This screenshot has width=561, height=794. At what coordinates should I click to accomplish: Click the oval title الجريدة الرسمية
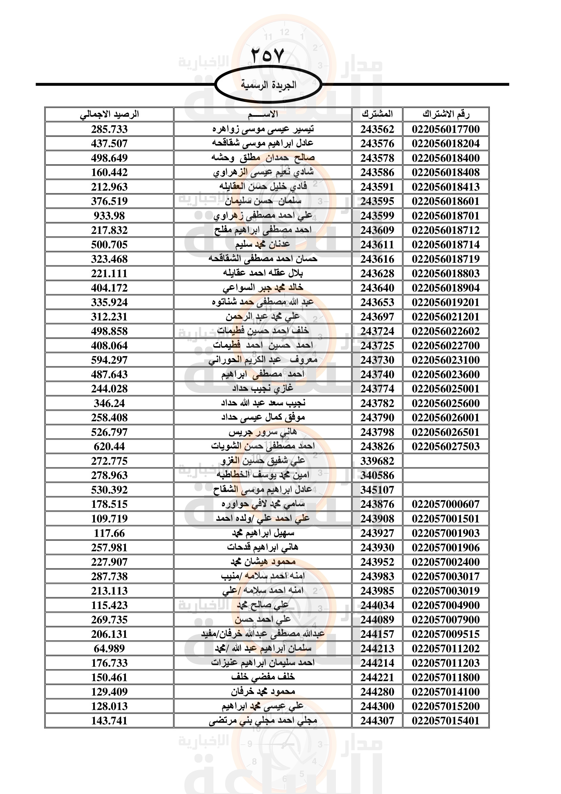(268, 85)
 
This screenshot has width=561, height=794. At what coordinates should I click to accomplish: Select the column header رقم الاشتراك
(446, 114)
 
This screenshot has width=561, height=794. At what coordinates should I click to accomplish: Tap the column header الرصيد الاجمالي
(109, 114)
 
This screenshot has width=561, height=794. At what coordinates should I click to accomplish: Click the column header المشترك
(377, 114)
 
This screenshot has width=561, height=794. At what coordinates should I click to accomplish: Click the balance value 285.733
(109, 129)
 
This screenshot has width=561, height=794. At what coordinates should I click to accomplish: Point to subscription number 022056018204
(446, 144)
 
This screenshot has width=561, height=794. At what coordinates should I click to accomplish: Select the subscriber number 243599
(377, 216)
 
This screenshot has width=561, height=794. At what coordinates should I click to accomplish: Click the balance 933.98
(109, 216)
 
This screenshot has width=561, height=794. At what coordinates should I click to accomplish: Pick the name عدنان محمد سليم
(263, 244)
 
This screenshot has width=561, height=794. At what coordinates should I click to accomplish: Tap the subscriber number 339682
(377, 461)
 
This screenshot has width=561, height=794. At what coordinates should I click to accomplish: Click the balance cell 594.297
(109, 360)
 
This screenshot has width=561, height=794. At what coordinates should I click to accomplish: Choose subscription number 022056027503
(446, 446)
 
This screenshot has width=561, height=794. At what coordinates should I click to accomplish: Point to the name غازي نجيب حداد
(263, 389)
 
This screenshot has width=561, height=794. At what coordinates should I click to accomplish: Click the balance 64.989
(109, 648)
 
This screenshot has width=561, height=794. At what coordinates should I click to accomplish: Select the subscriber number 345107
(377, 490)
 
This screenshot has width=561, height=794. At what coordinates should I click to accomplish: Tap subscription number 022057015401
(446, 721)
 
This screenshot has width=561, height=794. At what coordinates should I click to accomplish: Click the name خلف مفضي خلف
(263, 677)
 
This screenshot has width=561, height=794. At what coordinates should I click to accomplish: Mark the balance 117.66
(109, 533)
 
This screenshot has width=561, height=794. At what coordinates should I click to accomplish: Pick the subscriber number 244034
(377, 605)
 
